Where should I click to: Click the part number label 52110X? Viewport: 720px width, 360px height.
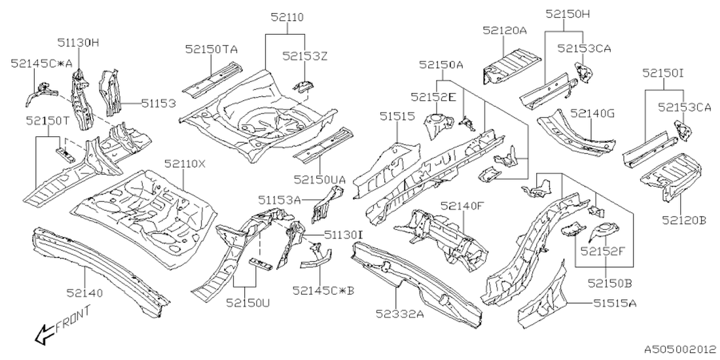point(185,164)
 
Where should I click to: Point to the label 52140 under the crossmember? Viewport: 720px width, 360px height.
point(85,292)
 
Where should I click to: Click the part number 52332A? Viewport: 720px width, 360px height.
point(400,313)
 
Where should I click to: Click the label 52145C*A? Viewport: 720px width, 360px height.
point(42,64)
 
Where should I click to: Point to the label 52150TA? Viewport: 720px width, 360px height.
point(211,49)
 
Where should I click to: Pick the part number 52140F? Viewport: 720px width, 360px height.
point(462,206)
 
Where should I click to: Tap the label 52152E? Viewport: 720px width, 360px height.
point(433,97)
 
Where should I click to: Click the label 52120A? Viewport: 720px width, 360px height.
point(504,31)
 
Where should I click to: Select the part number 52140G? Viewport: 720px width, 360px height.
point(593,113)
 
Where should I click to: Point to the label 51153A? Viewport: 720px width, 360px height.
point(280,199)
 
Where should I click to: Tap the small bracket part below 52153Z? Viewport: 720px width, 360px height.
point(303,85)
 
